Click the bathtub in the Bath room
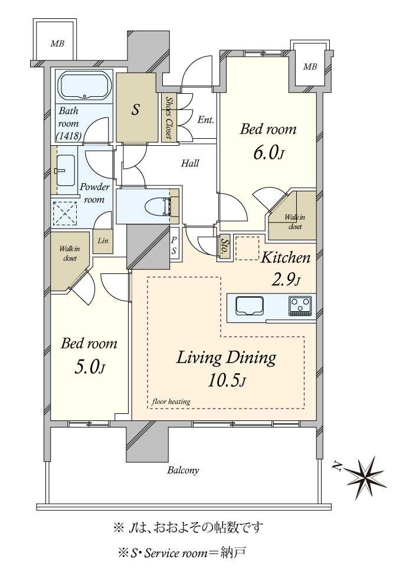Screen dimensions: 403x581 coord(85,86)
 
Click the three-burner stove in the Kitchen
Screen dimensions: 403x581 coord(300,306)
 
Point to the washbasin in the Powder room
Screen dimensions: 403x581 coord(66,171)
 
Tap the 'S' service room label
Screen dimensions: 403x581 coord(136,109)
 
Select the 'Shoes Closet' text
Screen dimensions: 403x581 coord(169,118)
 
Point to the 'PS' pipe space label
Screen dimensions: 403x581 coord(173,246)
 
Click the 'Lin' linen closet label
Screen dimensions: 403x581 coord(103,240)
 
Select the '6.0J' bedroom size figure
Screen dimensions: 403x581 coord(268,152)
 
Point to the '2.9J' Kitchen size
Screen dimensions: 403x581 coord(286,280)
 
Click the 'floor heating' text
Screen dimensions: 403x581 coord(171,402)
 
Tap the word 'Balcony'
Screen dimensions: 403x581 coord(183,471)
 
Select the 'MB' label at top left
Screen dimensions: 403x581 coord(57,44)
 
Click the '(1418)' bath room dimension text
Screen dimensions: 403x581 coord(69,136)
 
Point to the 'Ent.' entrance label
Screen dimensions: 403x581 coord(205,120)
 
